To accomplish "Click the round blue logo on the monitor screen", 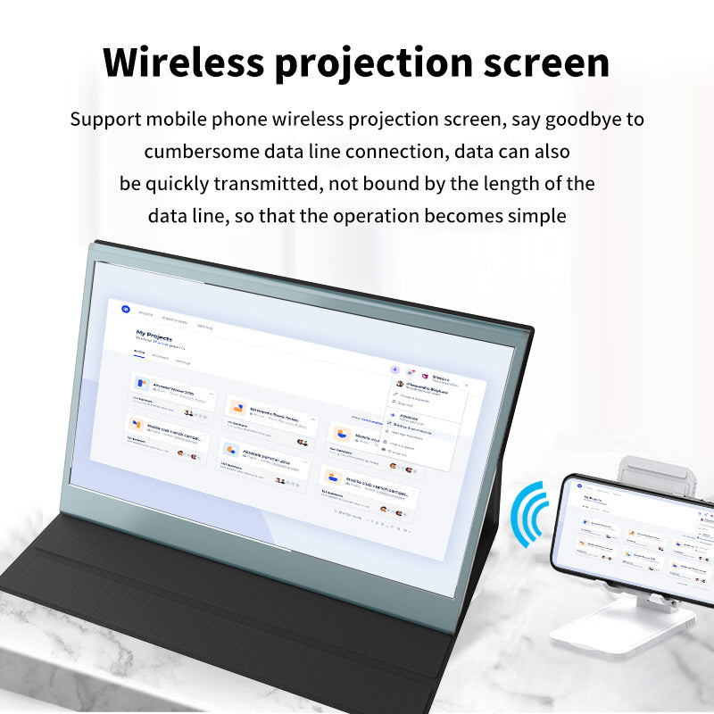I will tap(126, 309).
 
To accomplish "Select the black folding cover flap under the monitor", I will tap(223, 625).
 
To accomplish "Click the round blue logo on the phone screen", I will tap(579, 486).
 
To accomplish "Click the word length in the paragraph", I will tap(514, 184).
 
